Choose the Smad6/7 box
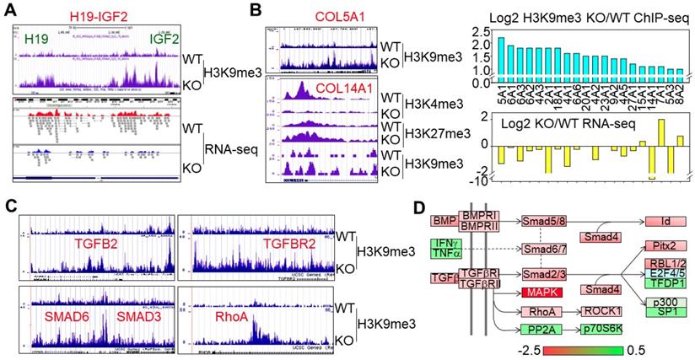[x=544, y=250]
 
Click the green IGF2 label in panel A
[x=163, y=37]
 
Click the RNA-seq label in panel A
[x=229, y=150]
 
